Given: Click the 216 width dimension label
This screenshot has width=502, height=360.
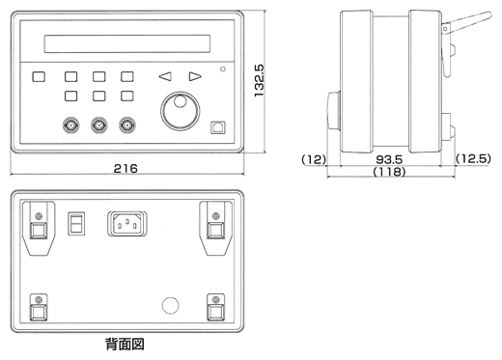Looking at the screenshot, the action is tap(125, 168).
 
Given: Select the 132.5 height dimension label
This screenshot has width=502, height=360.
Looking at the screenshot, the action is tap(259, 80).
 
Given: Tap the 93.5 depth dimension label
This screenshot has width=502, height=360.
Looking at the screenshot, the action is tap(389, 159).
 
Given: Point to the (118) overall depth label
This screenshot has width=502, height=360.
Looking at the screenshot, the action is tap(389, 171).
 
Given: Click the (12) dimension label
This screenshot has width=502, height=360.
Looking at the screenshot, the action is tap(314, 159).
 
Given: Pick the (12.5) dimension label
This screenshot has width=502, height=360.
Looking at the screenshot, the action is tap(473, 158).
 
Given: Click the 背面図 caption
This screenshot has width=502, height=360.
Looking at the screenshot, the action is tap(125, 345).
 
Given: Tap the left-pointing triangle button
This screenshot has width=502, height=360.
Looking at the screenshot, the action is tap(165, 76).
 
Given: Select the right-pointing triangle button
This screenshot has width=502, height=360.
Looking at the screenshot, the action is tap(195, 76).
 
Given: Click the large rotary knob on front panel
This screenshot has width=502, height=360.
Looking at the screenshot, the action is tap(180, 111).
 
